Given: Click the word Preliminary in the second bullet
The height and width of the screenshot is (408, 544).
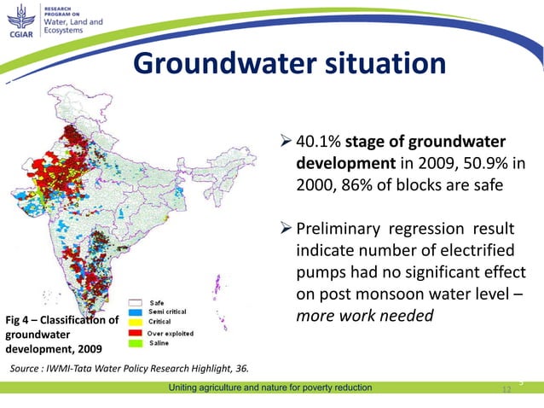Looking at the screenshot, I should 339,230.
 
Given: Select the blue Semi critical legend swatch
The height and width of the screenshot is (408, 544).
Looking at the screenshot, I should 136,312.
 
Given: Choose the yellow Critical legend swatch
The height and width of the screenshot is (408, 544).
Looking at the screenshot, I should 136,323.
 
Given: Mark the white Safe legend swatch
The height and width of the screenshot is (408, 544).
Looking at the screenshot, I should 136,302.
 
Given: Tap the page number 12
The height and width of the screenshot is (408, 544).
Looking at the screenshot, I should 506,389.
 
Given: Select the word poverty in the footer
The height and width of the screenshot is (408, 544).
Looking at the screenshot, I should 299,388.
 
